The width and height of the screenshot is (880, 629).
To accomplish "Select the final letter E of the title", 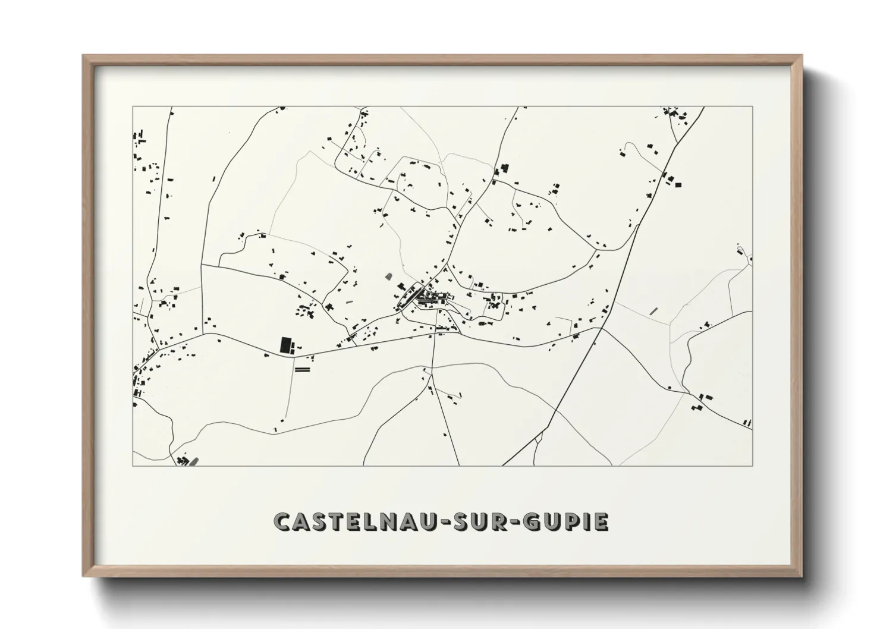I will [601, 523].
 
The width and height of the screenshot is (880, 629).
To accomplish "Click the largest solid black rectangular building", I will [286, 345].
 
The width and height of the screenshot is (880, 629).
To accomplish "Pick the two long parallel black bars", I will [303, 369].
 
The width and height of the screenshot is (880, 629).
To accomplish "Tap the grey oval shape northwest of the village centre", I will [389, 276].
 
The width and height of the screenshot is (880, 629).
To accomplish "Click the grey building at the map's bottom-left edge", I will [194, 461].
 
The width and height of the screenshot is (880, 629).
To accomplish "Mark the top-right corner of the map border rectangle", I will [752, 107].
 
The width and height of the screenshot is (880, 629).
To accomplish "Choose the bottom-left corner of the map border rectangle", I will [133, 466].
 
